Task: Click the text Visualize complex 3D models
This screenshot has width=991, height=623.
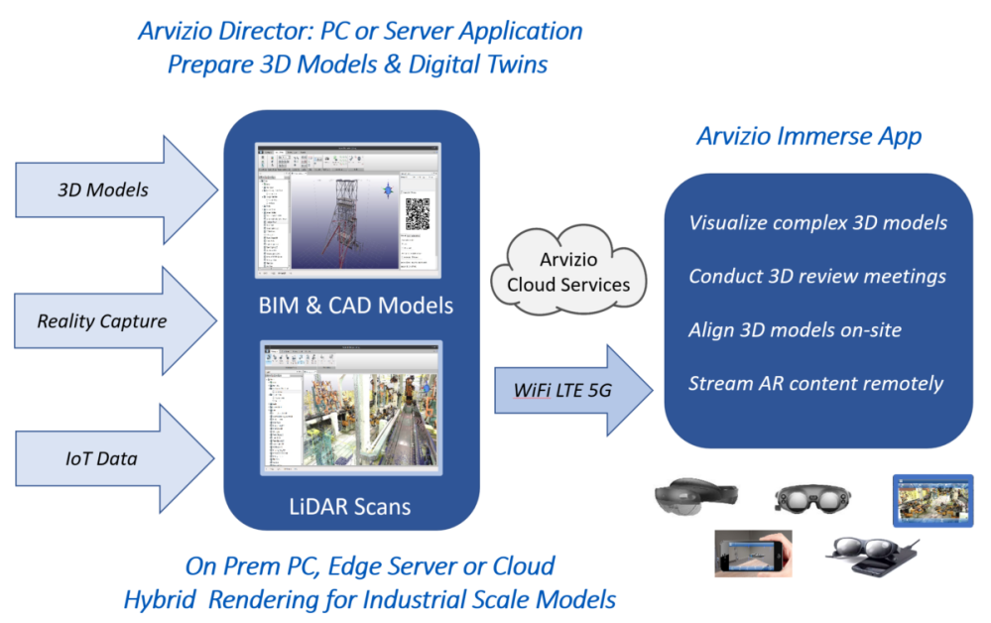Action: (817, 222)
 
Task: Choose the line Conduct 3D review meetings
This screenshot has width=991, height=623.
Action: (816, 276)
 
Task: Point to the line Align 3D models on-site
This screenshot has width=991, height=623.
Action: (795, 329)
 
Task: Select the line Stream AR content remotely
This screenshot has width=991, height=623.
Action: (815, 383)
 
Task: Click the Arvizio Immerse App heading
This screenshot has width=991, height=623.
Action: (808, 135)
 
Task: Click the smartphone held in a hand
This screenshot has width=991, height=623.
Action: (754, 553)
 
